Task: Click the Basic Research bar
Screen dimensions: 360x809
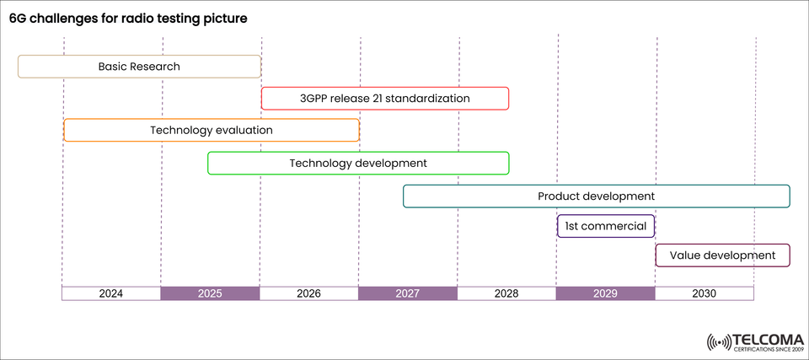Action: (139, 67)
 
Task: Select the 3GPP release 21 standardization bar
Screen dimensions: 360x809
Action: (385, 99)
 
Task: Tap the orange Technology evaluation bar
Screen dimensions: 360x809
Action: (212, 131)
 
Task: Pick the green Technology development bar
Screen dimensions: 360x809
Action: (358, 163)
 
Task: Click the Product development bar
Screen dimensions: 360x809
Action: (596, 196)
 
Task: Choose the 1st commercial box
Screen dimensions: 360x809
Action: (606, 226)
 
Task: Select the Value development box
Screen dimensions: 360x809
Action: (722, 255)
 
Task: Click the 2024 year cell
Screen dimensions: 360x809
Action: (111, 293)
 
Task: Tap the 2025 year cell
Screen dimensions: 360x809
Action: (210, 293)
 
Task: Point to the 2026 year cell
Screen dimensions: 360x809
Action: (308, 293)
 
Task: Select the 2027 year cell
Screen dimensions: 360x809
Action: (408, 293)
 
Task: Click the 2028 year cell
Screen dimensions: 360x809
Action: (506, 293)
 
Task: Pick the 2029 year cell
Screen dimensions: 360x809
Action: (605, 293)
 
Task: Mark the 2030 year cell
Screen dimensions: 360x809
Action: (704, 293)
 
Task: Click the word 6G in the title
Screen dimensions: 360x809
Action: (18, 18)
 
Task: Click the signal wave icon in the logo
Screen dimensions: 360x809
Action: (719, 342)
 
